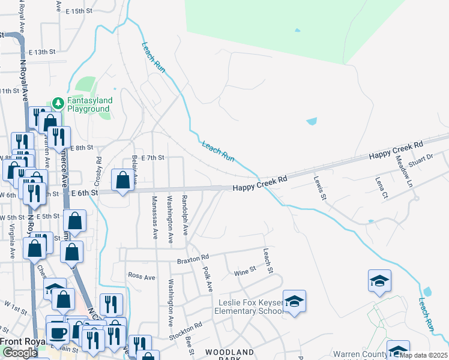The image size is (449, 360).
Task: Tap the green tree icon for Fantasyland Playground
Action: (58, 103)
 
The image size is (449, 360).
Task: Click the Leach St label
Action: (268, 261)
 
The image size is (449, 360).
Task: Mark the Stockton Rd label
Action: (185, 329)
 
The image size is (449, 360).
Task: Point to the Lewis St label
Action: (319, 188)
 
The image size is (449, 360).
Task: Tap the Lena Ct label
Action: (380, 187)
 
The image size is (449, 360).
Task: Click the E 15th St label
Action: (80, 11)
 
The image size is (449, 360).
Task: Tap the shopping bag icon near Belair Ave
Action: (122, 180)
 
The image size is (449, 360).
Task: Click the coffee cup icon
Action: (58, 331)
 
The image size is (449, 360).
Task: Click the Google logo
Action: (20, 353)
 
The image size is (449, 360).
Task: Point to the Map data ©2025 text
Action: (424, 355)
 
